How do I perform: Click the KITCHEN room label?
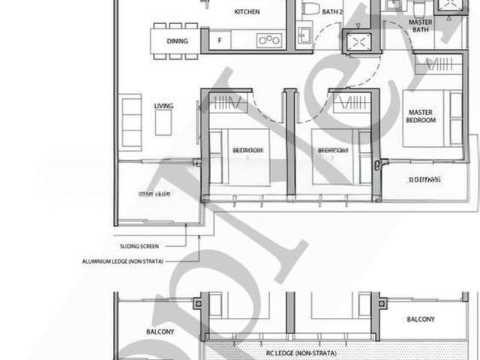tap(247, 12)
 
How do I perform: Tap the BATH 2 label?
tap(332, 10)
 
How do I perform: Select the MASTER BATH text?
tap(420, 26)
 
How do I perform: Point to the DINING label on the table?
tap(176, 43)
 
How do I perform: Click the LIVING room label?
tap(163, 106)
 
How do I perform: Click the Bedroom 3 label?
tap(247, 151)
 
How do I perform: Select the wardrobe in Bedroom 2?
tap(353, 103)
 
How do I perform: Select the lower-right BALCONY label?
tap(420, 319)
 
